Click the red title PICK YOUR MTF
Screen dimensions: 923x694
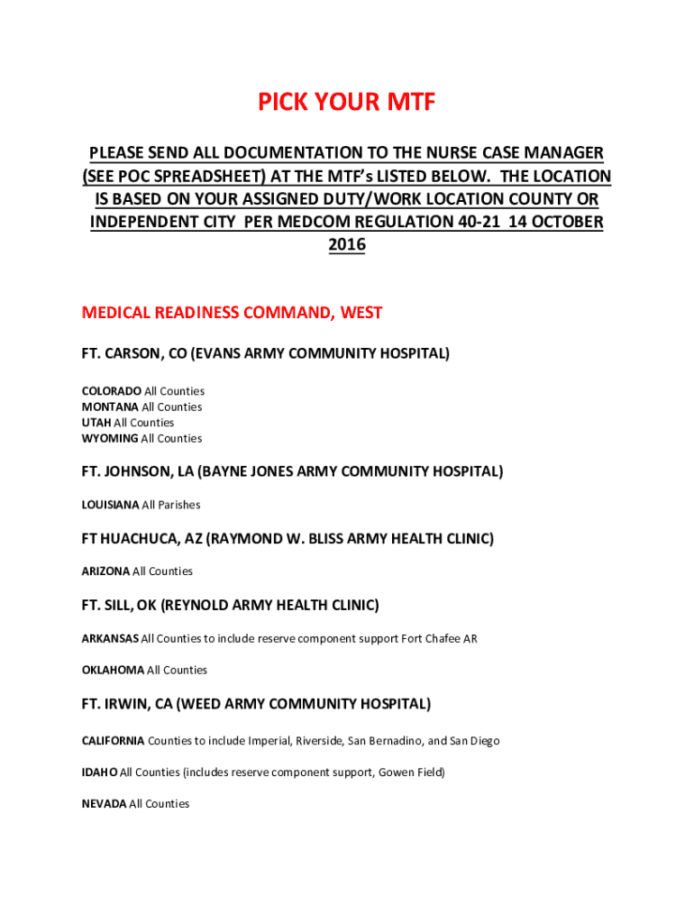click(x=346, y=104)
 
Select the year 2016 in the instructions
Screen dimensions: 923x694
click(x=346, y=244)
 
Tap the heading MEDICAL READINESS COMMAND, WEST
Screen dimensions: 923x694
click(x=232, y=313)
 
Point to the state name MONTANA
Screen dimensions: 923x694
click(x=110, y=407)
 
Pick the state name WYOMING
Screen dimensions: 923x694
click(x=110, y=439)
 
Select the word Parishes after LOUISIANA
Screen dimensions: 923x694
click(x=179, y=505)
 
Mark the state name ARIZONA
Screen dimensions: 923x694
click(x=105, y=571)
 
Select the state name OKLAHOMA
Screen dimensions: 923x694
click(x=113, y=671)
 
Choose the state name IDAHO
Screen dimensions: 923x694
click(x=99, y=772)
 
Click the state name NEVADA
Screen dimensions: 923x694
click(x=104, y=804)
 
